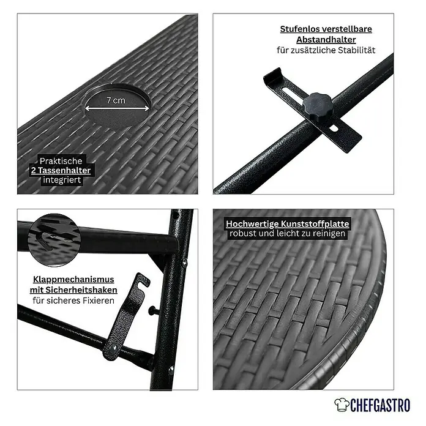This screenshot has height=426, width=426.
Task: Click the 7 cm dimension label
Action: click(x=116, y=100)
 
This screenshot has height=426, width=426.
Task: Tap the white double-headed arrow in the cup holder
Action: click(x=117, y=108)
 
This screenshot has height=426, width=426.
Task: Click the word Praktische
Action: click(x=61, y=161)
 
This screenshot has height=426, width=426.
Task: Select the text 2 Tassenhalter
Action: click(x=61, y=170)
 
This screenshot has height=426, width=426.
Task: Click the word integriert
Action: click(x=62, y=180)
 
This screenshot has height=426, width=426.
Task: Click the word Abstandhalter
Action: click(x=326, y=40)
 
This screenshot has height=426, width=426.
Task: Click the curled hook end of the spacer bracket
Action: click(x=272, y=75)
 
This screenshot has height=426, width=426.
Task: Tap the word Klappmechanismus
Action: click(x=73, y=280)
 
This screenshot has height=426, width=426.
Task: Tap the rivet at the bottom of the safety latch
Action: click(x=113, y=348)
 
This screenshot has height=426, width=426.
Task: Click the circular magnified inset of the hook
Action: click(x=54, y=240)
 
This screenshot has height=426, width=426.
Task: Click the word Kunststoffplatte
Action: click(x=315, y=224)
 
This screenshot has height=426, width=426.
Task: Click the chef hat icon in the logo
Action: click(x=342, y=405)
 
